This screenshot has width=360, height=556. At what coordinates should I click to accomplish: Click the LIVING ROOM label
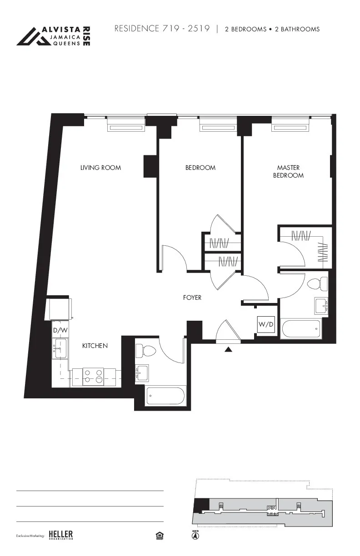(100, 168)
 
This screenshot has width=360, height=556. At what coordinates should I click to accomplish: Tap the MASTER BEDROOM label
(288, 171)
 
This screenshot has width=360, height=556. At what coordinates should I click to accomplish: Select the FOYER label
(192, 298)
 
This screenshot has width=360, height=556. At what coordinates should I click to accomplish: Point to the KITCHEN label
(95, 346)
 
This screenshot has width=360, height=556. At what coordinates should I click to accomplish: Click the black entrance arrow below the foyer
(229, 349)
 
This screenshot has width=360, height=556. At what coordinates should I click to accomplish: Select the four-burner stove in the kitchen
(94, 377)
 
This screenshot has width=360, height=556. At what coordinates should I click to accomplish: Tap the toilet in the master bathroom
(317, 284)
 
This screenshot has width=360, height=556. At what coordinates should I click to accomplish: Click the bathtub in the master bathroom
(301, 328)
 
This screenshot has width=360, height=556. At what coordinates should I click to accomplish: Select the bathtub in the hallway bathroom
(165, 395)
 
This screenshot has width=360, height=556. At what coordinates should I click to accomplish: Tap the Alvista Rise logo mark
(33, 36)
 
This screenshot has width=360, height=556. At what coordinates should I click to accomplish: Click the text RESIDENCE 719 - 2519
(162, 29)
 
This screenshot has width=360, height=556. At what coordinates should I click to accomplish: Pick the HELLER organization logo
(60, 535)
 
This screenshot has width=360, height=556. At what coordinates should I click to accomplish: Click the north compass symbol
(195, 536)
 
